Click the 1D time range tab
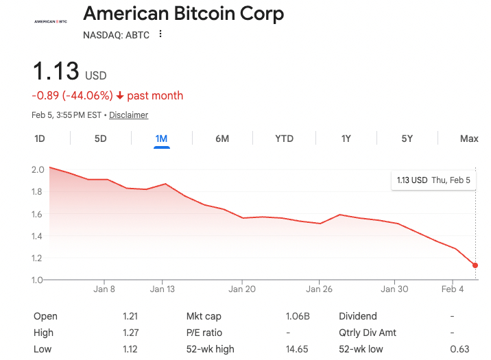tap(40, 139)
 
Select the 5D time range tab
tap(100, 139)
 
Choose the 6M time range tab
tap(222, 139)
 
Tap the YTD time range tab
tap(284, 139)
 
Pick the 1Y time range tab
tap(346, 139)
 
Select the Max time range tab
tap(469, 139)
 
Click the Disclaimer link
tap(128, 115)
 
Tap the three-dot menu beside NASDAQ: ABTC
tap(160, 34)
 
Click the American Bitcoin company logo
tap(51, 21)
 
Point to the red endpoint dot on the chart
tap(475, 265)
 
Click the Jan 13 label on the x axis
tap(162, 289)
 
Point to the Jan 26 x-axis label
tap(319, 289)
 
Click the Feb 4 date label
tap(453, 289)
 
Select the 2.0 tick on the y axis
tap(38, 169)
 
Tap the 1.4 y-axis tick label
tap(38, 236)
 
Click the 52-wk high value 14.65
tap(298, 349)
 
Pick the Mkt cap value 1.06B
tap(298, 316)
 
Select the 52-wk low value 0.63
tap(459, 349)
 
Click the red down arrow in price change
tap(120, 96)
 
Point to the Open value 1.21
tap(130, 316)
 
